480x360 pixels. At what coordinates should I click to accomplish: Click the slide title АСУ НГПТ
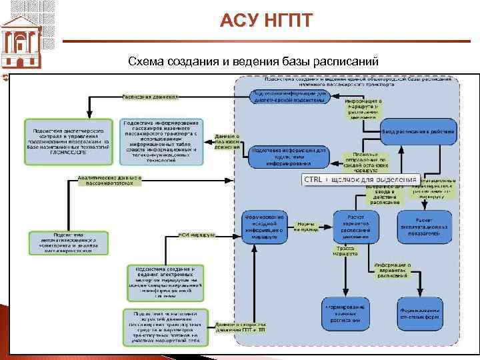pyautogui.click(x=265, y=20)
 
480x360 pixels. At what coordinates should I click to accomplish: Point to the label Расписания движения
pyautogui.click(x=150, y=96)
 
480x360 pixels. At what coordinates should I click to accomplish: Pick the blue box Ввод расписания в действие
pyautogui.click(x=419, y=131)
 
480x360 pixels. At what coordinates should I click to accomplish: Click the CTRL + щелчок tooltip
pyautogui.click(x=360, y=180)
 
